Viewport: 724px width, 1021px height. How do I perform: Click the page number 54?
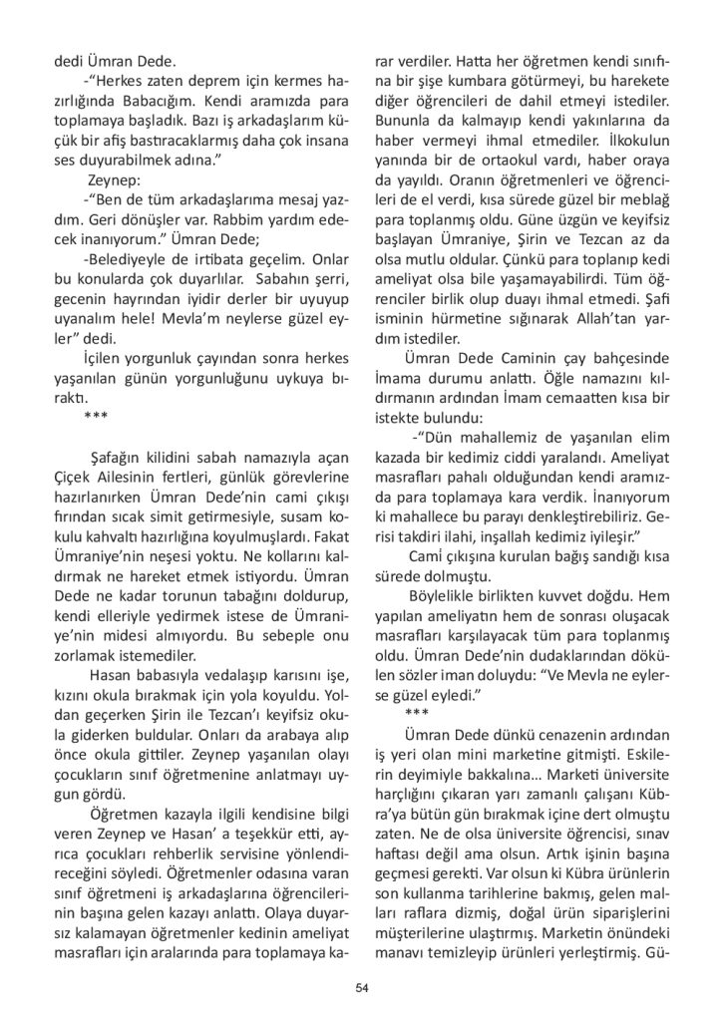click(x=362, y=988)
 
